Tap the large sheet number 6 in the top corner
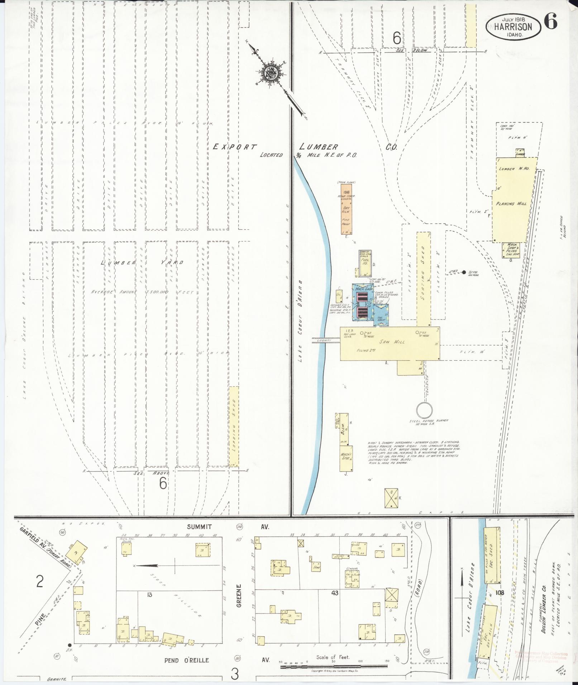pos(550,22)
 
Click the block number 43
pos(335,593)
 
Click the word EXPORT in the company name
pos(235,147)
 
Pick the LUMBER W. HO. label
pos(516,168)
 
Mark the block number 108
pos(500,593)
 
